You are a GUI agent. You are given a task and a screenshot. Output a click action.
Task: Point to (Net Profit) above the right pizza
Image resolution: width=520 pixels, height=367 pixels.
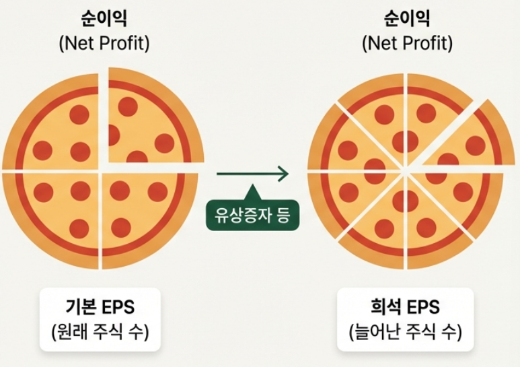[407, 44]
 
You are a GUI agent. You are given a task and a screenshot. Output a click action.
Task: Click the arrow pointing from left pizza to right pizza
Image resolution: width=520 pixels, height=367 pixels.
[252, 174]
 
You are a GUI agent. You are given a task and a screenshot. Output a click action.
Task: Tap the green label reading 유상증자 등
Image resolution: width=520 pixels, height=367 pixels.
[252, 217]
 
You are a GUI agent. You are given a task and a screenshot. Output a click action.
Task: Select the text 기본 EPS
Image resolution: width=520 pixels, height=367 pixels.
[101, 308]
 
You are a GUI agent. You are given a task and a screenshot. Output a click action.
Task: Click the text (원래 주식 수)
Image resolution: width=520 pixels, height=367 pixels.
[101, 333]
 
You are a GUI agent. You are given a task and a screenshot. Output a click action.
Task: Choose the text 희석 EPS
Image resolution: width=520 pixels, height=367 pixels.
[405, 308]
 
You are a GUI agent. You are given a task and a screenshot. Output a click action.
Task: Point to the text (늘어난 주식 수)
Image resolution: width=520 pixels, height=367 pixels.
[405, 333]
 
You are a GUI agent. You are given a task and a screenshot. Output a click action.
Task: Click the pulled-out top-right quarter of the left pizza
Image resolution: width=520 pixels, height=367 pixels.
[148, 121]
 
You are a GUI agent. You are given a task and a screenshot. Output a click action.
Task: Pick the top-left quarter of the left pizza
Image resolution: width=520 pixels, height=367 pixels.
[57, 128]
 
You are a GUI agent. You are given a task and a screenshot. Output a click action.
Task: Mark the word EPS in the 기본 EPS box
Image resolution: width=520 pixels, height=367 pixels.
[117, 308]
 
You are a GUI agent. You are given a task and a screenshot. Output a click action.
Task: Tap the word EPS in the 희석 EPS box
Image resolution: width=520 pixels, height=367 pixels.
[421, 308]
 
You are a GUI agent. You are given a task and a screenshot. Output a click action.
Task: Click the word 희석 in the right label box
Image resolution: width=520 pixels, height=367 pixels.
[385, 308]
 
